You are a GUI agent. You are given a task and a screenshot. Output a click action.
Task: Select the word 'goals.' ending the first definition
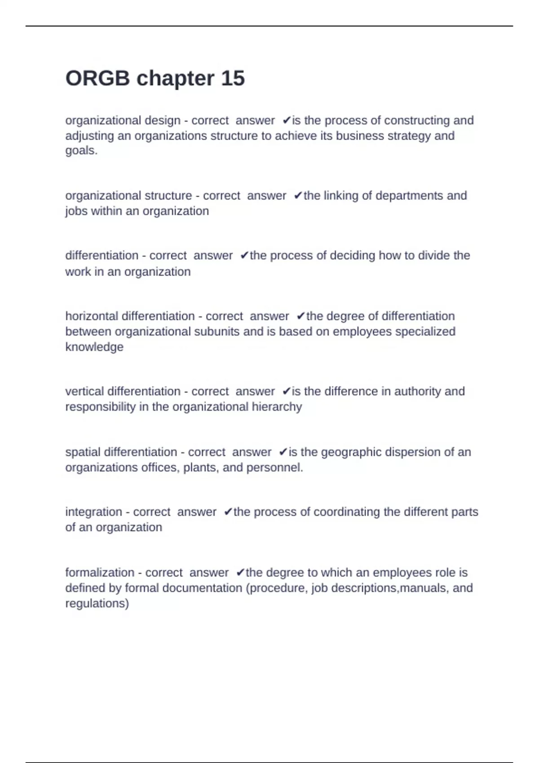81,150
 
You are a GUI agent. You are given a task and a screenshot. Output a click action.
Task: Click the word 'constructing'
417,121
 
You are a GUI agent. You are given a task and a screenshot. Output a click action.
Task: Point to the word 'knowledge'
94,347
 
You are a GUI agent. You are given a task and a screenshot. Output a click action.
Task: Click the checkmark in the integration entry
228,512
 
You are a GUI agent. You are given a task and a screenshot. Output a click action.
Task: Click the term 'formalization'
100,573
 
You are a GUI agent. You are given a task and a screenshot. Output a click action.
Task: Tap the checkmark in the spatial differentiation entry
283,452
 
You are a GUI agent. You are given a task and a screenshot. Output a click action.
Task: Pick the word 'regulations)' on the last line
97,603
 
